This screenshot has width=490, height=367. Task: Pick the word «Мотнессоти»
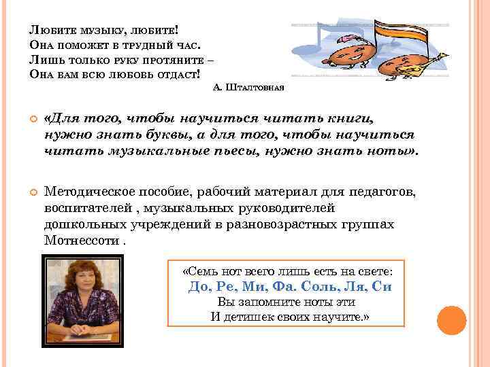tap(82, 241)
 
